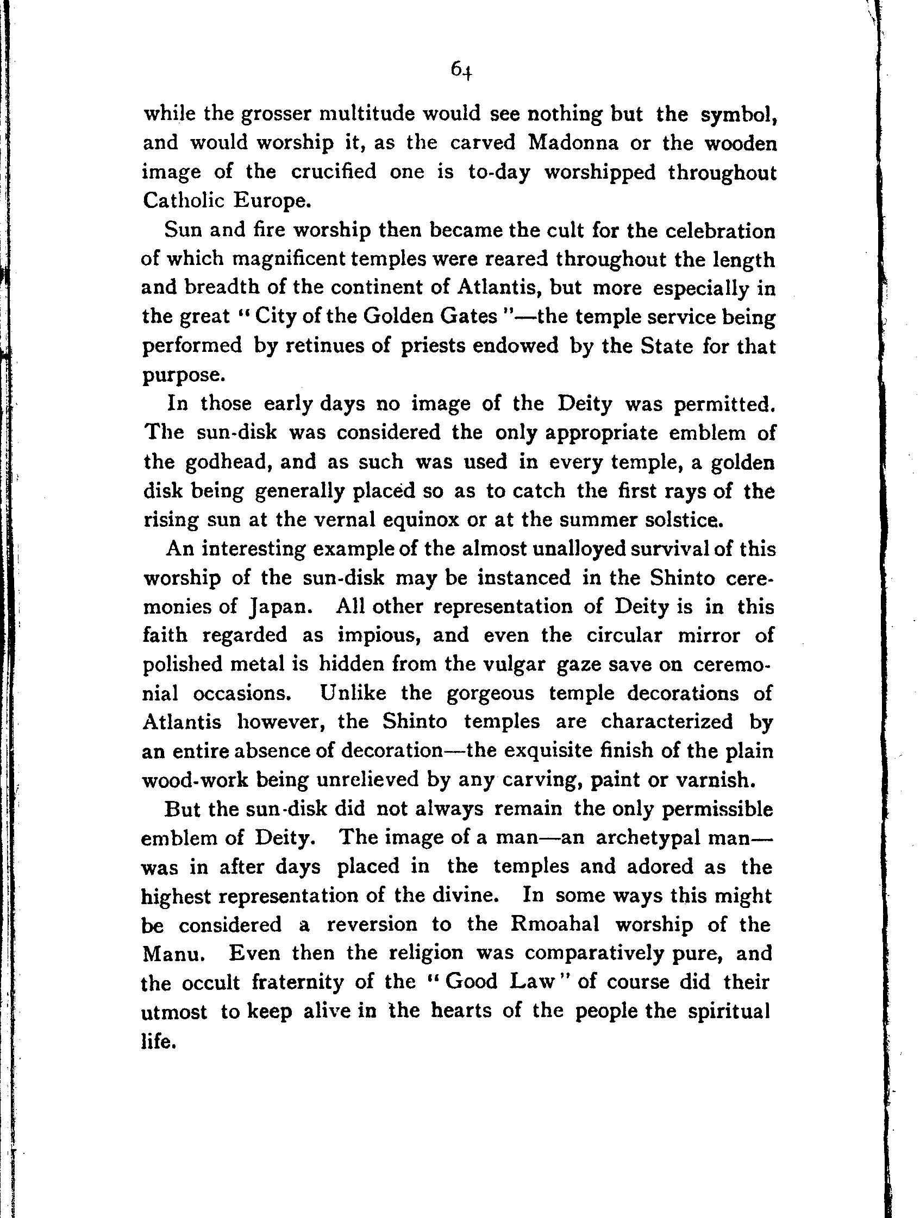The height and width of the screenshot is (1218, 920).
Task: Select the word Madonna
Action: [x=573, y=143]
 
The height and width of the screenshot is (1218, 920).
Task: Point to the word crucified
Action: [x=333, y=172]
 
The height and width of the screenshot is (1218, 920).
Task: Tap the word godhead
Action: [x=227, y=462]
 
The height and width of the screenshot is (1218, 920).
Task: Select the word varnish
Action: [x=713, y=780]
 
